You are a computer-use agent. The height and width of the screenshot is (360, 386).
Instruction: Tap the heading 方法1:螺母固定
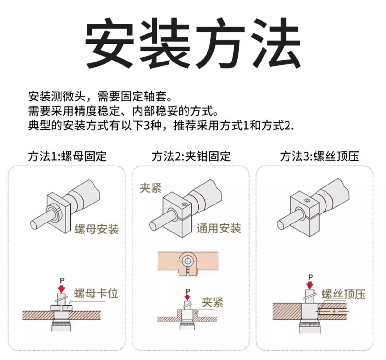67,156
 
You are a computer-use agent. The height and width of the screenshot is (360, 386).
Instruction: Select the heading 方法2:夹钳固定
191,156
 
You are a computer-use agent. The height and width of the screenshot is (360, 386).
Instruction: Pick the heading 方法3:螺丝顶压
319,156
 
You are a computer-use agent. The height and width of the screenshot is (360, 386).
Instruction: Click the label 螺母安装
96,229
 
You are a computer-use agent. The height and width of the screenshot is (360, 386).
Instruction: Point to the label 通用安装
218,228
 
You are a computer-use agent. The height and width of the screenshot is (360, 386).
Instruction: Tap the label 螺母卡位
96,293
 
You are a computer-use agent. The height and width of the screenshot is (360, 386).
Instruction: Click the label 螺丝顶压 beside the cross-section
343,294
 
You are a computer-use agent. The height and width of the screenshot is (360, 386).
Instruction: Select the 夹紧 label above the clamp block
150,188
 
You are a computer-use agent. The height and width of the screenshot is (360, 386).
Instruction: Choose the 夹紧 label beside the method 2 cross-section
212,302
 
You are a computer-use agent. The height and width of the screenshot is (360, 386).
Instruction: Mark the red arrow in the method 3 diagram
310,285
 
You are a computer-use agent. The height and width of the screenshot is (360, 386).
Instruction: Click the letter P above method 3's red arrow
310,277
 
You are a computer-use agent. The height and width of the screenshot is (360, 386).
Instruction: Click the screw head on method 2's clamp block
184,205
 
